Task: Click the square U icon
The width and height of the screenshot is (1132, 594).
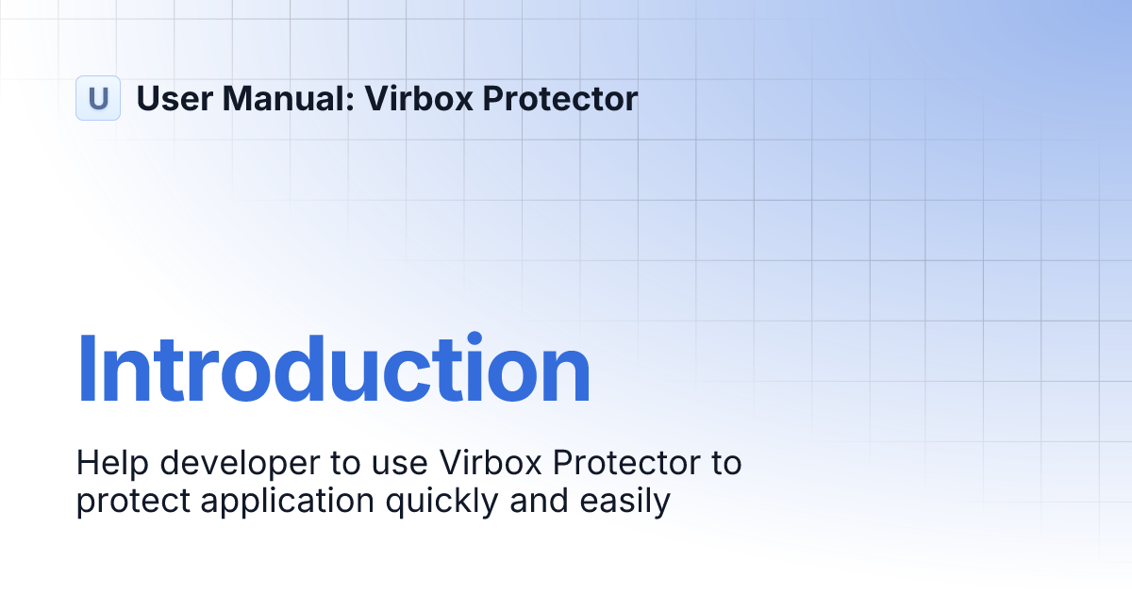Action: pyautogui.click(x=98, y=98)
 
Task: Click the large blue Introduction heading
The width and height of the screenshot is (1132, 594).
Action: pyautogui.click(x=333, y=370)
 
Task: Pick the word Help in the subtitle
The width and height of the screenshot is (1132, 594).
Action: pyautogui.click(x=107, y=464)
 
